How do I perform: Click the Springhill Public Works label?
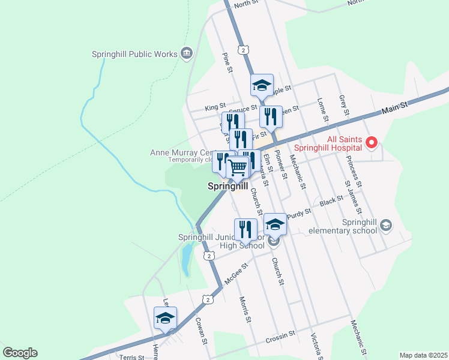[134, 54]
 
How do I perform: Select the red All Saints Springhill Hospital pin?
[372, 143]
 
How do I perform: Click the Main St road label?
[394, 109]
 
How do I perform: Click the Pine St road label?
[227, 63]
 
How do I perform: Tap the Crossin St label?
[281, 336]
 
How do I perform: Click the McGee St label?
[237, 274]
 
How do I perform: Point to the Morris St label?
[244, 310]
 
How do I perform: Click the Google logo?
[20, 353]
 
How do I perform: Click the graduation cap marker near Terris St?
[165, 318]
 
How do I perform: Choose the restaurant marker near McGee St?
[246, 229]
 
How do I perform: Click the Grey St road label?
[343, 104]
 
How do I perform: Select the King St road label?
[215, 107]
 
